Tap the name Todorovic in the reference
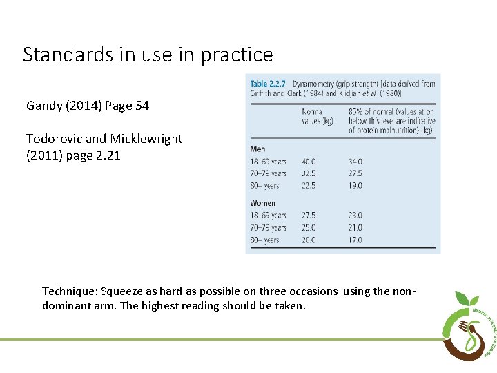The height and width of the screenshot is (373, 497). tap(56, 138)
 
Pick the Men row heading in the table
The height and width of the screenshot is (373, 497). tap(257, 149)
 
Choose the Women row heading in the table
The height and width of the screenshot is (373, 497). tap(262, 202)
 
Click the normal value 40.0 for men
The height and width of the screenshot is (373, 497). tap(309, 162)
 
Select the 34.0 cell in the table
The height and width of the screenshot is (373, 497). tap(355, 162)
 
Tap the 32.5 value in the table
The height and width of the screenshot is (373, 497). tap(309, 173)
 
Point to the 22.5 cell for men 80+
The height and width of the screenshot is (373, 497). tap(309, 185)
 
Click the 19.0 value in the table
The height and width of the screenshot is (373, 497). tap(355, 185)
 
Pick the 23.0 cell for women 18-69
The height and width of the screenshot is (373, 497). tap(355, 216)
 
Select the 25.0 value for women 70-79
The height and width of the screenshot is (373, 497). tap(309, 227)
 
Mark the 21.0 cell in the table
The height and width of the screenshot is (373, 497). tap(355, 227)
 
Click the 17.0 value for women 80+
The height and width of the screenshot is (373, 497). tap(355, 240)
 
